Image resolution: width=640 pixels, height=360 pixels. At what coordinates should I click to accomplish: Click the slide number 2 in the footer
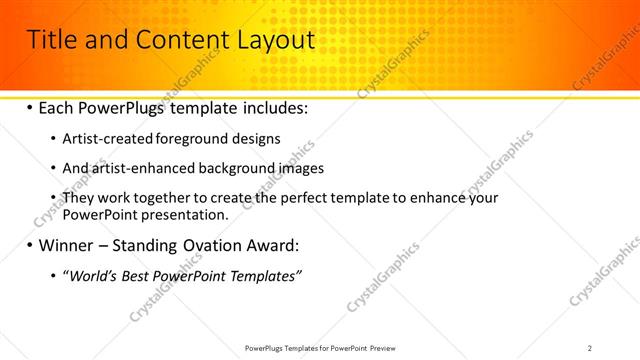pos(590,347)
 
